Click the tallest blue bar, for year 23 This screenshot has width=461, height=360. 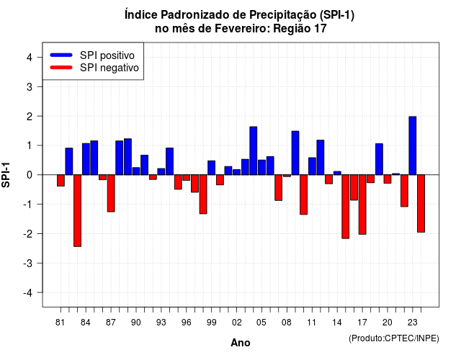click(x=413, y=145)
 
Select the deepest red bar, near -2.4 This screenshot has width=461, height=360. click(x=77, y=210)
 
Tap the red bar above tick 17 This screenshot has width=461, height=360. click(x=362, y=204)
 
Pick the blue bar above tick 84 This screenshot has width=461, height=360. click(x=86, y=159)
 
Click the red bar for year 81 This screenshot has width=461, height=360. click(x=61, y=181)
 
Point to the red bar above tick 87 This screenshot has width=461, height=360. click(x=111, y=193)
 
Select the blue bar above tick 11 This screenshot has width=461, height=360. click(x=312, y=166)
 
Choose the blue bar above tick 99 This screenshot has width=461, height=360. click(x=211, y=168)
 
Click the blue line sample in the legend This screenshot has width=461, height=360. click(x=61, y=55)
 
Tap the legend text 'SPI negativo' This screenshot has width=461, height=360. click(x=109, y=68)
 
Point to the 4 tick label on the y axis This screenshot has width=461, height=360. click(x=30, y=58)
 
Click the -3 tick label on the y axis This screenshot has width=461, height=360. click(x=28, y=263)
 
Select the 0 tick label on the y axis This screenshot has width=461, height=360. click(x=30, y=175)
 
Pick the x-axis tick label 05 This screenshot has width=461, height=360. click(x=261, y=323)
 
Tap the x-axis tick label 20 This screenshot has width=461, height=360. click(x=388, y=323)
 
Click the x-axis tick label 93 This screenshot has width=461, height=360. click(x=161, y=323)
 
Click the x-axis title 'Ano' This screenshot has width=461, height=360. click(x=241, y=343)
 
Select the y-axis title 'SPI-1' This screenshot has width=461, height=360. click(x=6, y=175)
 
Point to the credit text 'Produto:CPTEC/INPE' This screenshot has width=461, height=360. click(x=394, y=338)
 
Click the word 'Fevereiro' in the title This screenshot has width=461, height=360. click(x=242, y=29)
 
